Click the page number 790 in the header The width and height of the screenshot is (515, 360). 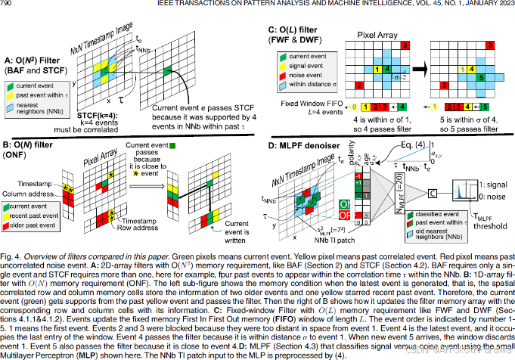coord(8,5)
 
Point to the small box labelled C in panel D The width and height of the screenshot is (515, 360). coord(433,193)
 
